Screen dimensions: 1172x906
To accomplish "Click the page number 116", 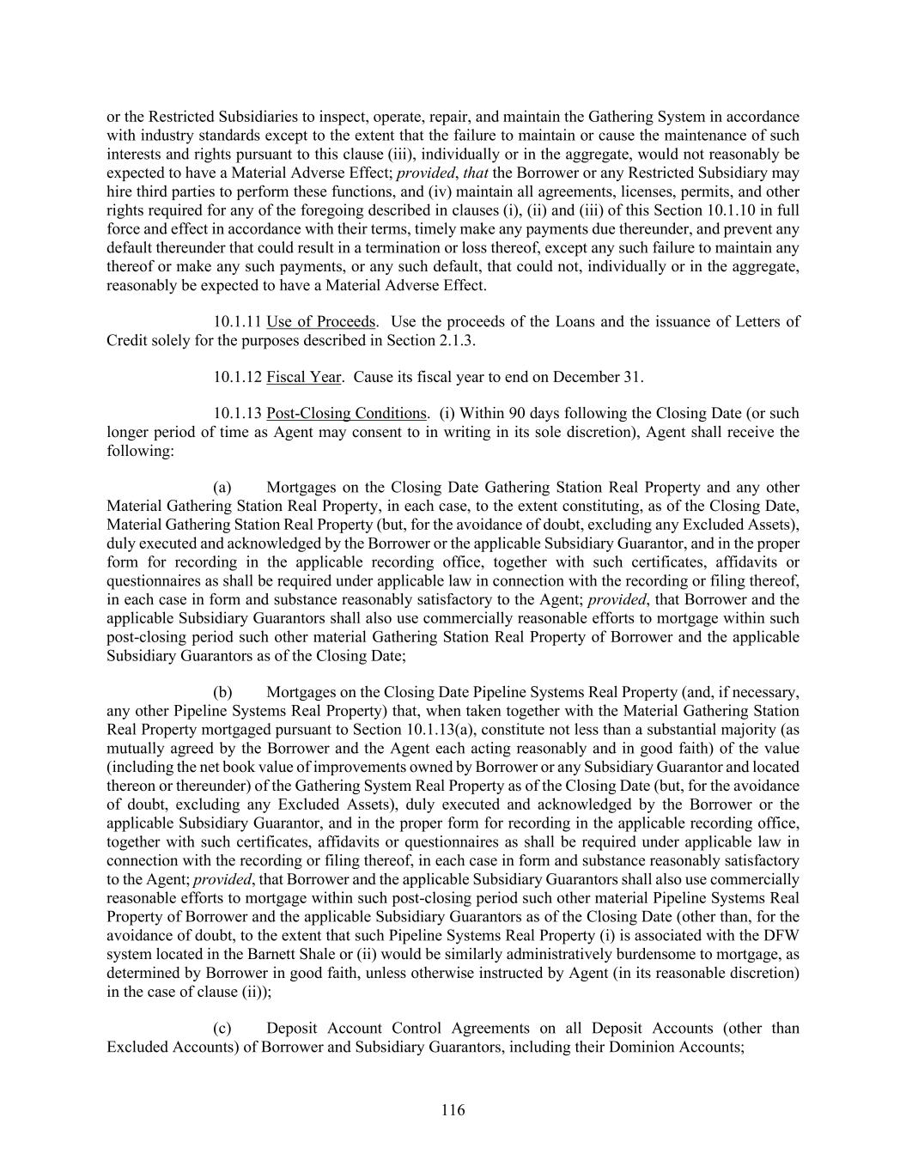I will [x=453, y=1110].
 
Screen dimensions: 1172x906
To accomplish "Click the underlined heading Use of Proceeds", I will [x=320, y=322].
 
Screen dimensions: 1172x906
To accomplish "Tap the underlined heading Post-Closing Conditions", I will [x=346, y=413].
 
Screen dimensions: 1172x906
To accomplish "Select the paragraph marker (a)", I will [x=222, y=488].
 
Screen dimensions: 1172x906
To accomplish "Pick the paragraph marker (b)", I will [x=222, y=692].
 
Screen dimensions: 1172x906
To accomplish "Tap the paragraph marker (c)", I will [x=222, y=1029].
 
